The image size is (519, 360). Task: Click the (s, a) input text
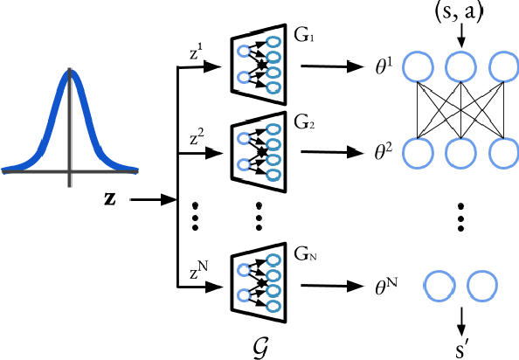click(x=460, y=12)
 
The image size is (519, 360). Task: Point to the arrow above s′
click(x=460, y=316)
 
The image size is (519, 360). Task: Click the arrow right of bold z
click(x=152, y=200)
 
